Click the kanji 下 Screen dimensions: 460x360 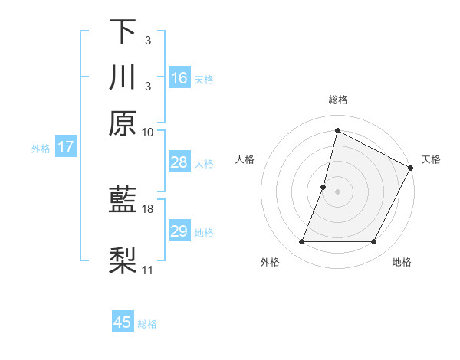[x=123, y=32]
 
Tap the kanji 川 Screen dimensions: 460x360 [x=123, y=78]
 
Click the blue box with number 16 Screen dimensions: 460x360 [x=179, y=77]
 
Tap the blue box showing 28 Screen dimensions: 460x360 [x=179, y=162]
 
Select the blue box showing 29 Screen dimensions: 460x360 [x=179, y=231]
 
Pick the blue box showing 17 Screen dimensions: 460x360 [x=65, y=147]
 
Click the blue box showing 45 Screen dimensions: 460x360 [x=123, y=322]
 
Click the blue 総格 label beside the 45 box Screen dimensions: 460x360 [x=147, y=324]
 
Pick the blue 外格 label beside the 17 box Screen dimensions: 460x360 [x=41, y=149]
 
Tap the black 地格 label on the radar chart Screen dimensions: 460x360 [x=402, y=263]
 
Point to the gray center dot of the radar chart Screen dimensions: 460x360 [x=337, y=191]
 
